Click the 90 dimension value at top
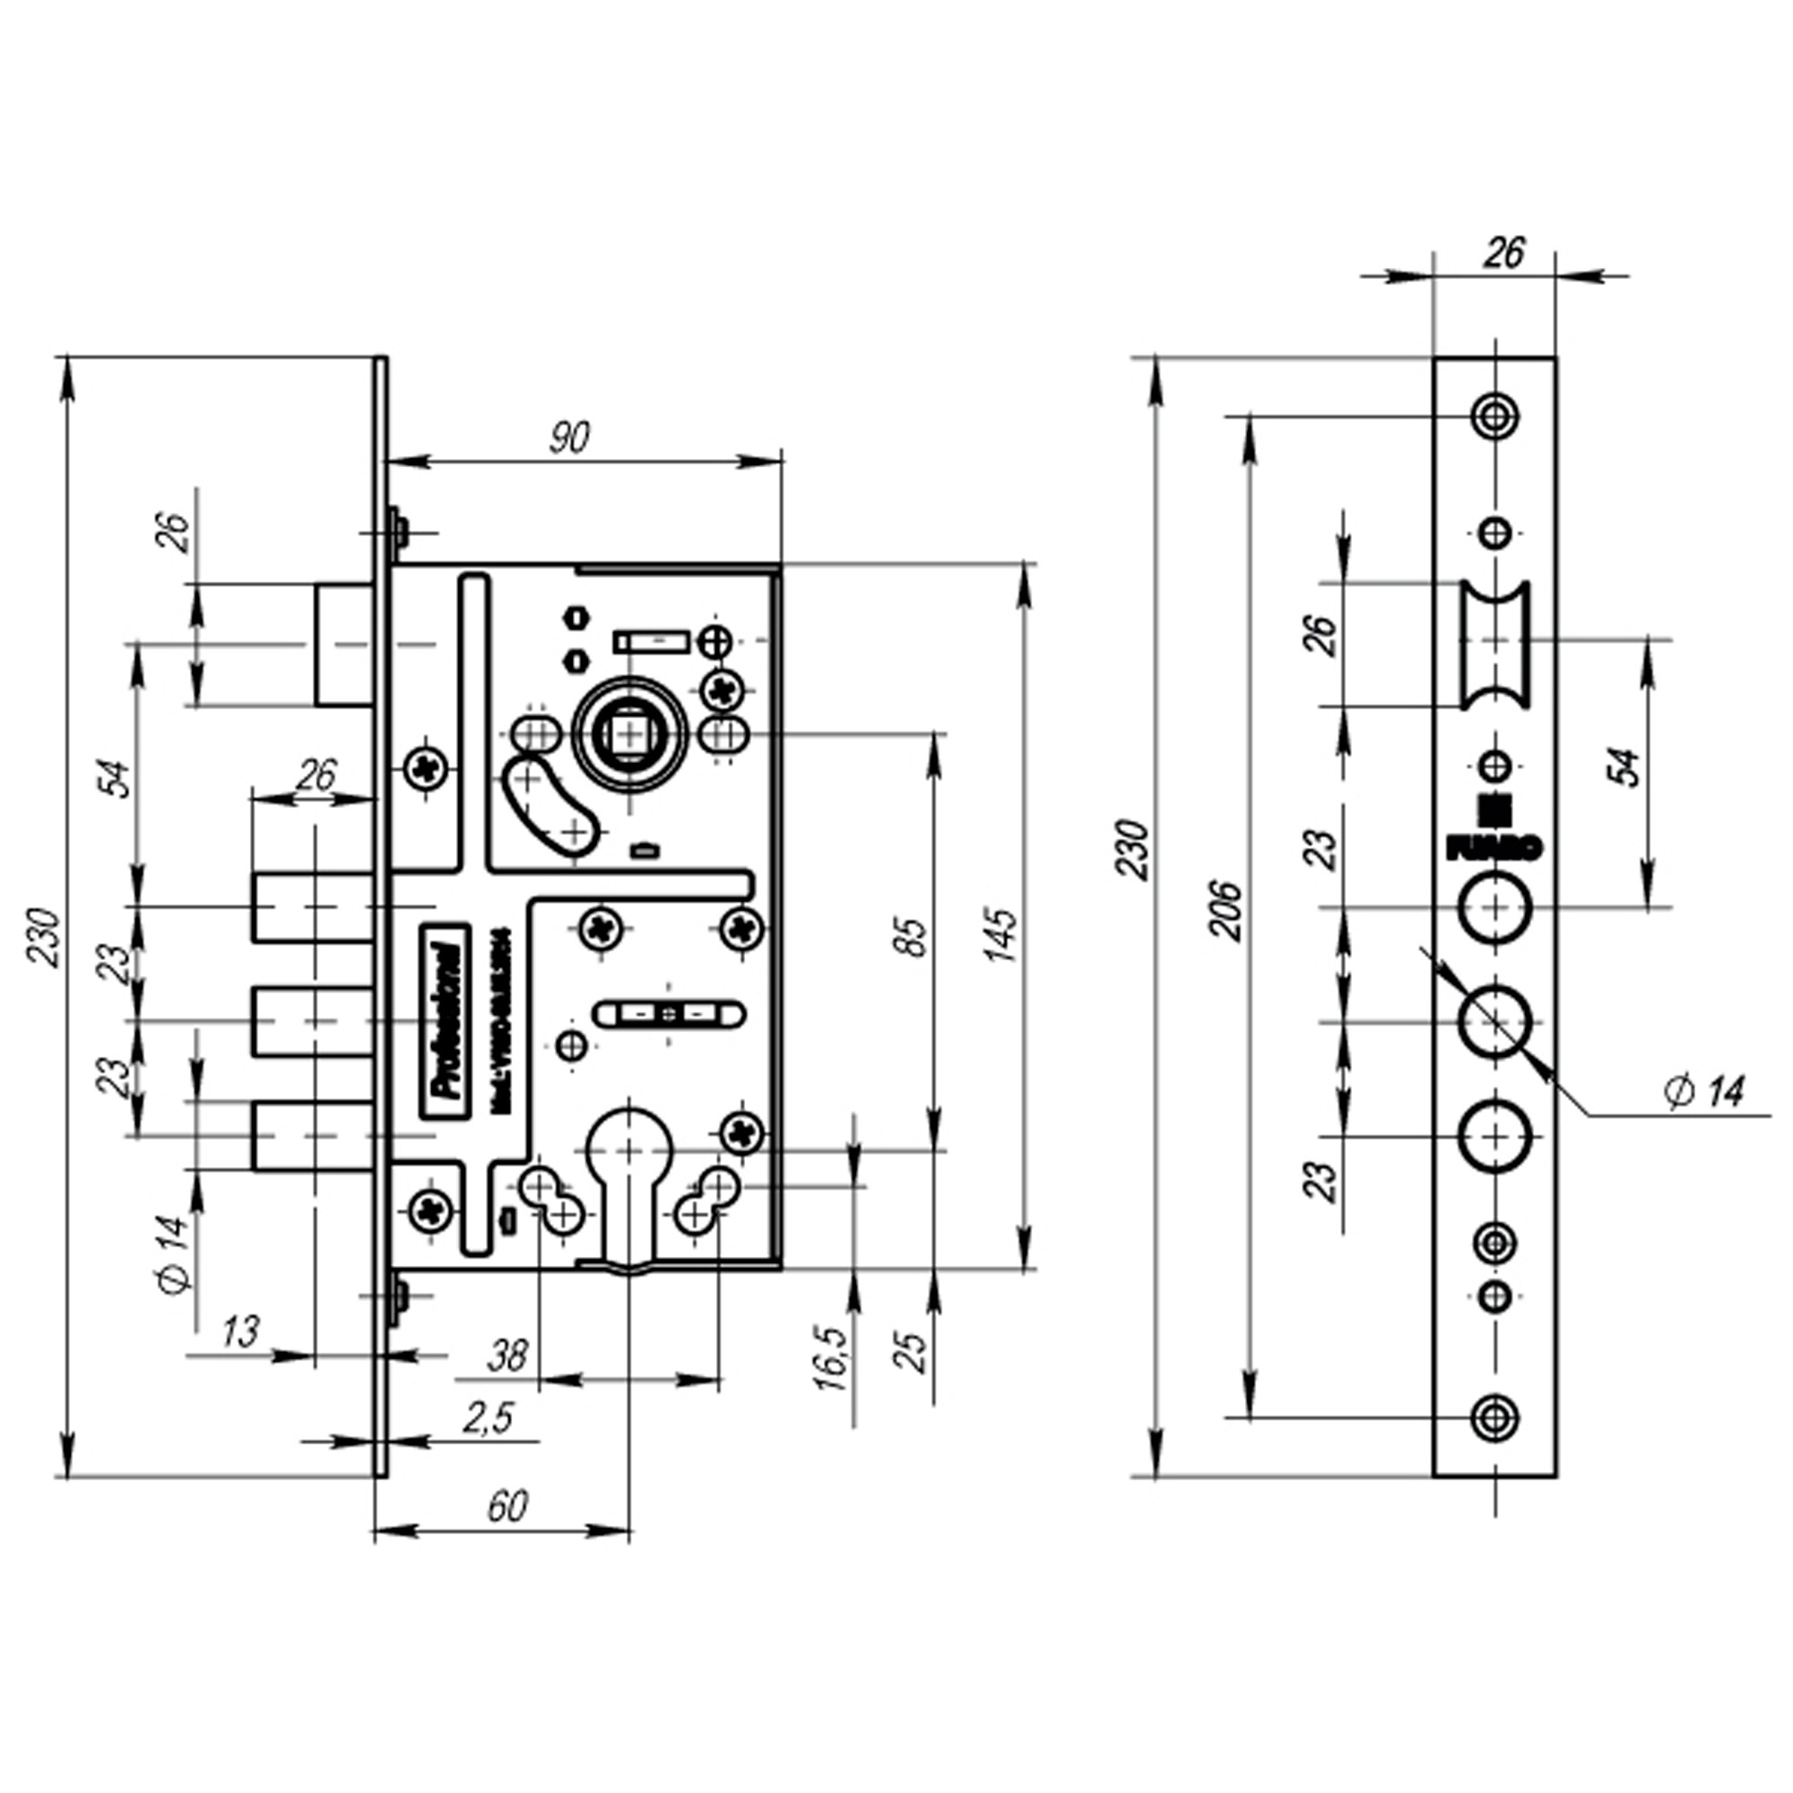[x=569, y=438]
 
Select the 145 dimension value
[x=1002, y=935]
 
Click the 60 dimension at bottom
[x=507, y=1505]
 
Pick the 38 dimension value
[x=507, y=1356]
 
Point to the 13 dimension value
[x=240, y=1332]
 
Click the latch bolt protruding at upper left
[x=343, y=644]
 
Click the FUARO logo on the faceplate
[x=1494, y=837]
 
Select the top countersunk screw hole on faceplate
[x=1494, y=416]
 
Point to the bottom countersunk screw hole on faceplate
[x=1494, y=1417]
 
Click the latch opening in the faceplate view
[x=1494, y=644]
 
